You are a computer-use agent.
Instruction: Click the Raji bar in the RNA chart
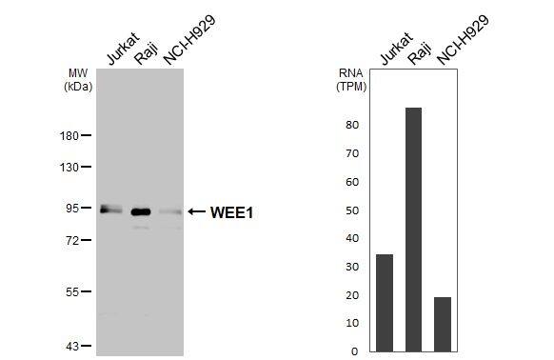coord(413,229)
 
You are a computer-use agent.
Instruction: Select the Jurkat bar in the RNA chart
coord(385,302)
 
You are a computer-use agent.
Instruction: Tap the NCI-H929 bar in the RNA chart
coord(442,324)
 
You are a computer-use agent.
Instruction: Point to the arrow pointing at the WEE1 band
coord(196,211)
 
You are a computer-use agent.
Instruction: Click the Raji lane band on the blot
coord(142,211)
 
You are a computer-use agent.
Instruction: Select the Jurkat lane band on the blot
coord(111,210)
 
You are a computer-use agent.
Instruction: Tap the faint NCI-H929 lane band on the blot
coord(169,212)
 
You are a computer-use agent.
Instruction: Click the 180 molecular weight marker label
coord(69,136)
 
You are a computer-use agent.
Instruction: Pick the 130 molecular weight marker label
coord(69,168)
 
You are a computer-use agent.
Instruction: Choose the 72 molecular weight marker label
coord(72,241)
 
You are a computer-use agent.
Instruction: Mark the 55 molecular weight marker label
coord(72,292)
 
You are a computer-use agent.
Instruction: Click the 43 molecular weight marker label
coord(72,346)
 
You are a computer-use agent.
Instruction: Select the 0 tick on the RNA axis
coord(354,351)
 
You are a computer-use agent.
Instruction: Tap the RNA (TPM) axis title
coord(351,79)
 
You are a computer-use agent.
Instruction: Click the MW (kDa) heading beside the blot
coord(78,79)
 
